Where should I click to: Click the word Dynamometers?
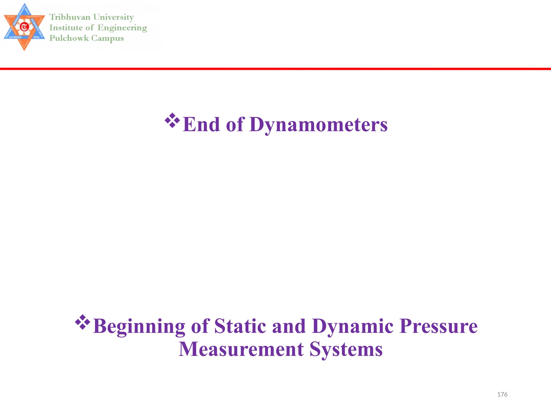click(318, 124)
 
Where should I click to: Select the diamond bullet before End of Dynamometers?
click(172, 120)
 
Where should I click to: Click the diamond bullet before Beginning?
click(83, 322)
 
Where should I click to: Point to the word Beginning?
click(139, 326)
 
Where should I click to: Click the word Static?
click(240, 326)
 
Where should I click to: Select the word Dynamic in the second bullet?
click(353, 326)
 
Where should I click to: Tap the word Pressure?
click(438, 326)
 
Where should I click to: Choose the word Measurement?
click(241, 349)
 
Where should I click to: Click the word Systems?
click(346, 349)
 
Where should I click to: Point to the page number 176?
click(502, 394)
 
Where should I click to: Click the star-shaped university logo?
click(24, 27)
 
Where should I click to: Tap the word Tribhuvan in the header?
click(70, 17)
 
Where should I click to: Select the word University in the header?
click(113, 17)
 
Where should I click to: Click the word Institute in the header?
click(66, 28)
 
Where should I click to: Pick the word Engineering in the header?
click(122, 28)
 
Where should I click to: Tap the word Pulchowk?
click(69, 38)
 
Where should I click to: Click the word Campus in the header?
click(107, 38)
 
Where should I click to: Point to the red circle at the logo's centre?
click(24, 27)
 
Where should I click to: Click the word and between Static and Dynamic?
click(289, 326)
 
